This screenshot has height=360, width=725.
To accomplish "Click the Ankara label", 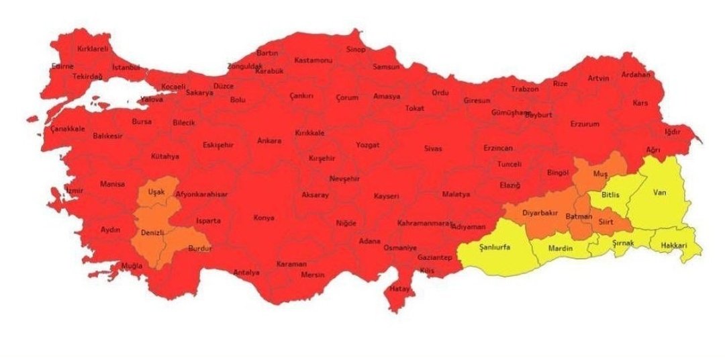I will (x=269, y=141).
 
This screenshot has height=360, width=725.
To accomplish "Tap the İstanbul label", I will (x=126, y=68).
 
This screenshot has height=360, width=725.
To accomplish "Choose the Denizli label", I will (x=153, y=232).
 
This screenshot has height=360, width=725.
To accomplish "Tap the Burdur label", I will (x=199, y=248).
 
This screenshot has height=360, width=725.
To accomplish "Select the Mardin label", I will (x=561, y=249).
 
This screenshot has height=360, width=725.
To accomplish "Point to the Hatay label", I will (x=399, y=289).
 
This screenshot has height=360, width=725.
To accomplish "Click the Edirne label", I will (x=62, y=66).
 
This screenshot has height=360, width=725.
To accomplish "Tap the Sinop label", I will (x=355, y=49).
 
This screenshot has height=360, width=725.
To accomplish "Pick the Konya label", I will (x=264, y=218).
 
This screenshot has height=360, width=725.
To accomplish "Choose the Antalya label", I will (x=246, y=272).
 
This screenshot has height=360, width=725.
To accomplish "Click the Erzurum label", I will (x=584, y=124).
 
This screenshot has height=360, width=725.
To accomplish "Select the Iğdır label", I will (x=672, y=132).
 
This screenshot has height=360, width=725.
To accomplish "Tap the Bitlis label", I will (x=611, y=195).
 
